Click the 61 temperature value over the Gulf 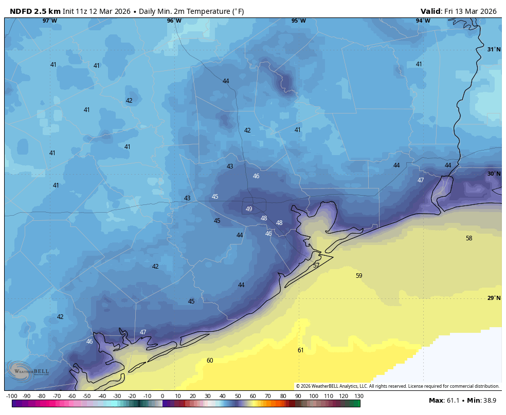[300, 350]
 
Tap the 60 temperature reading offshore [210, 361]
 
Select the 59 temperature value [359, 276]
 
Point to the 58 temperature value [469, 238]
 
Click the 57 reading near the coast [316, 266]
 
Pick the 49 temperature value [249, 209]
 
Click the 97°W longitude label [50, 21]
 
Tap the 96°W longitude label [174, 21]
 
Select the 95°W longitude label [299, 21]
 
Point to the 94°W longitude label [423, 21]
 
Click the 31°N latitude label [494, 50]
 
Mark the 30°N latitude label [494, 174]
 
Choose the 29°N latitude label [494, 298]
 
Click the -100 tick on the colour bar [11, 396]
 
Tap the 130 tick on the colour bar [359, 396]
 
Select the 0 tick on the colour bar [162, 396]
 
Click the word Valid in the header [431, 11]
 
